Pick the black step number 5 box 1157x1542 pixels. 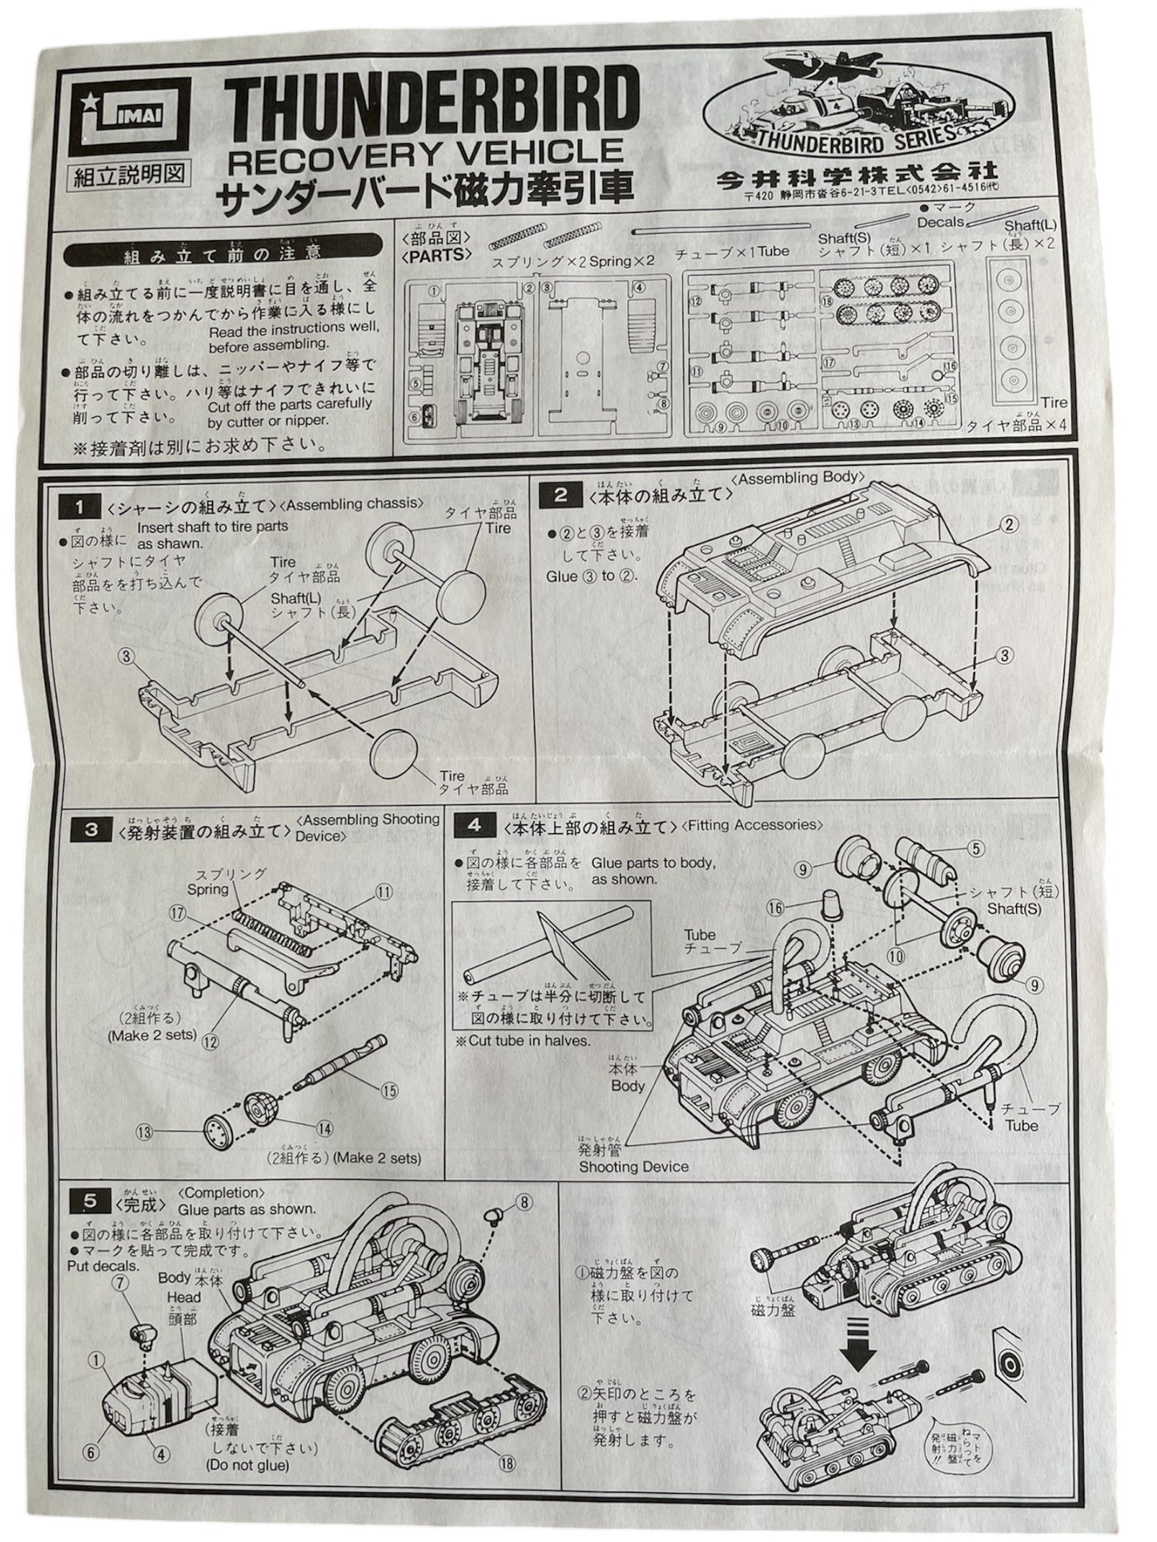pyautogui.click(x=90, y=1200)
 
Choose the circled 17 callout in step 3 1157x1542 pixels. pyautogui.click(x=176, y=911)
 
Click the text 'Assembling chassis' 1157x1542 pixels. pyautogui.click(x=353, y=503)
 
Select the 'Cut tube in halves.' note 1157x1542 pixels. pyautogui.click(x=524, y=1041)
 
